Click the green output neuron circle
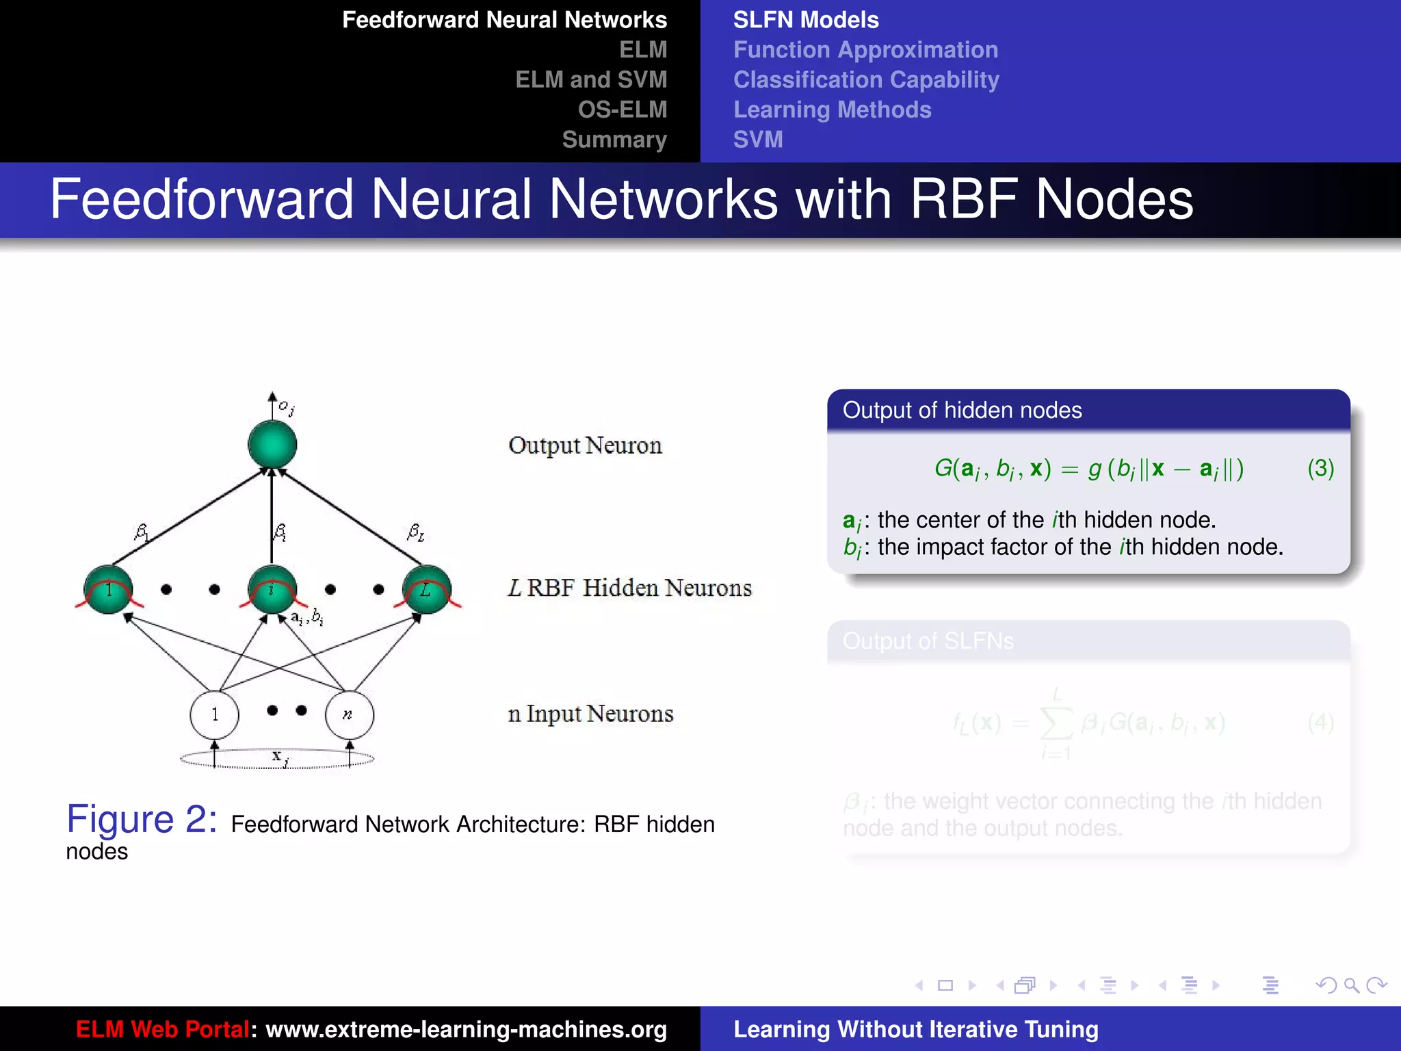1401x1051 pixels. click(x=272, y=445)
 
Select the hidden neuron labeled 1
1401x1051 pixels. click(x=108, y=589)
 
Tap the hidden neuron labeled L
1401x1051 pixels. click(x=427, y=589)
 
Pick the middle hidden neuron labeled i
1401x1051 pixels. click(x=272, y=589)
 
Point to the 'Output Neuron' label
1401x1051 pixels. click(x=585, y=445)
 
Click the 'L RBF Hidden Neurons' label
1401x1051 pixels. click(x=629, y=588)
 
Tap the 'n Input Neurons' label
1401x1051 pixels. click(x=590, y=714)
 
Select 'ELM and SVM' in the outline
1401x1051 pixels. click(x=591, y=79)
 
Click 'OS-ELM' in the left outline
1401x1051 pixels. click(x=622, y=109)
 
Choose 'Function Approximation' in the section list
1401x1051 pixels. click(x=865, y=50)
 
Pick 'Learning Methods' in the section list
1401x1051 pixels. click(x=832, y=109)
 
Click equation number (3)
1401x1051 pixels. click(x=1320, y=469)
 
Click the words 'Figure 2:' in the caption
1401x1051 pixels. click(x=142, y=819)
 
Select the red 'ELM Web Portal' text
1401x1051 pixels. click(x=162, y=1029)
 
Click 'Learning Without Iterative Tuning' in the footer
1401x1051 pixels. click(x=915, y=1029)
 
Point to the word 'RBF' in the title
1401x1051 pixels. click(x=963, y=199)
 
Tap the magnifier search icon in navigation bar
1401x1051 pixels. click(x=1351, y=985)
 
